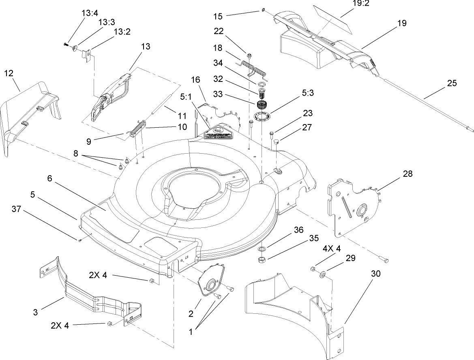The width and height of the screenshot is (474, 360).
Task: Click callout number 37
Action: (16, 209)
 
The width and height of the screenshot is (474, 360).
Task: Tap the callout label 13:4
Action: (90, 13)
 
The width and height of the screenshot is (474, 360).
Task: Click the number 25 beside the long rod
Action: (451, 84)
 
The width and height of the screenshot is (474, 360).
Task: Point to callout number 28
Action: (407, 174)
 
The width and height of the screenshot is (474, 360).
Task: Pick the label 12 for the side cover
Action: (9, 73)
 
